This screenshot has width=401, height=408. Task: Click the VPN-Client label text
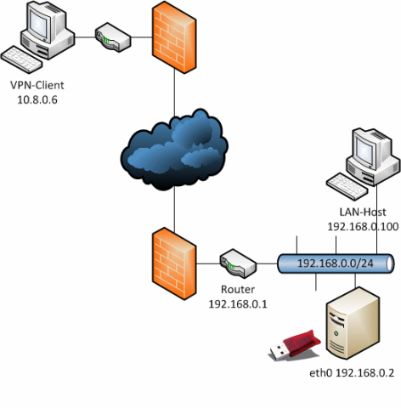point(37,85)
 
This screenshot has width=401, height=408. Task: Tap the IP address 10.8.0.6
point(37,99)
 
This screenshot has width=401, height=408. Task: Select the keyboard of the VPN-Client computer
point(21,59)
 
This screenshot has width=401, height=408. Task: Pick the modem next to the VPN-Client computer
point(113,37)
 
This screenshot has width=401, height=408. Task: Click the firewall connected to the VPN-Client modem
point(174,37)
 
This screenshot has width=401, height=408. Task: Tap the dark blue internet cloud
point(174,150)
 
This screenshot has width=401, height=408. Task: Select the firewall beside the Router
point(174,263)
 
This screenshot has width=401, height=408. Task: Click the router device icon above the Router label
point(238,263)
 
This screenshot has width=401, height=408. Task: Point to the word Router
point(238,290)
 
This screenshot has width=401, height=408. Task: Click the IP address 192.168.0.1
point(238,304)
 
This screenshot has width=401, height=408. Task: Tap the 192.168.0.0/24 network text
point(336,263)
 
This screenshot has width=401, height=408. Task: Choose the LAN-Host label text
point(363,212)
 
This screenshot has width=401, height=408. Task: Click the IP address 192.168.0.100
point(363,227)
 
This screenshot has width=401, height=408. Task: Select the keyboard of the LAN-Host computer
point(347,187)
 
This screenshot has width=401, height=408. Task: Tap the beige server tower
point(353,323)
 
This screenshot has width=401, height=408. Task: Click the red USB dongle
point(295,345)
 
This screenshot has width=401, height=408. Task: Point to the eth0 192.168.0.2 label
point(352,373)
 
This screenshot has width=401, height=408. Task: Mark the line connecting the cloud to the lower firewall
point(174,210)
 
